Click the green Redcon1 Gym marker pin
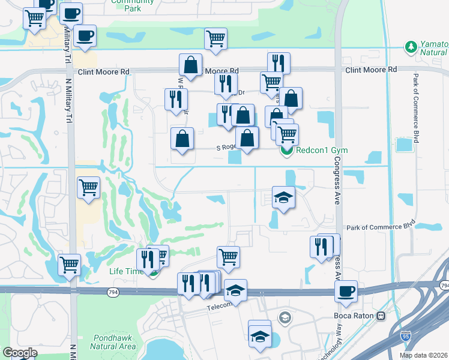click(x=286, y=151)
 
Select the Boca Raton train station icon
click(x=381, y=316)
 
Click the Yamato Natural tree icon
click(x=411, y=47)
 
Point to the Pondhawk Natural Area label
click(x=112, y=342)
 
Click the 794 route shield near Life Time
click(x=113, y=292)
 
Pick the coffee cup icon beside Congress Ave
click(x=346, y=292)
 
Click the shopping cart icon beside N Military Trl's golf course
click(x=89, y=187)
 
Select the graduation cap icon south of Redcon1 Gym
click(x=283, y=197)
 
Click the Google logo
click(x=20, y=353)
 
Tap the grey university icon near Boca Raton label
click(x=285, y=316)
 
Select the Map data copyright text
click(x=424, y=355)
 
